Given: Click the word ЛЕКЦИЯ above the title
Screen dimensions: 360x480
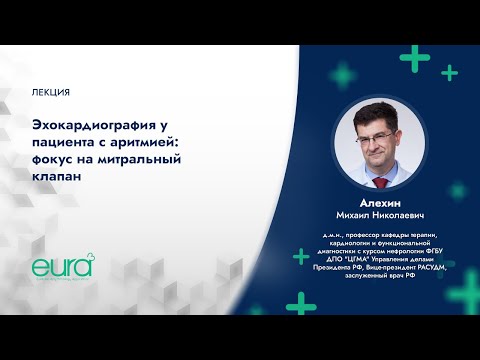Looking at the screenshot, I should pos(51,92).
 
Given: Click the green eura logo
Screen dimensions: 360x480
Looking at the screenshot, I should pos(61,267).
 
